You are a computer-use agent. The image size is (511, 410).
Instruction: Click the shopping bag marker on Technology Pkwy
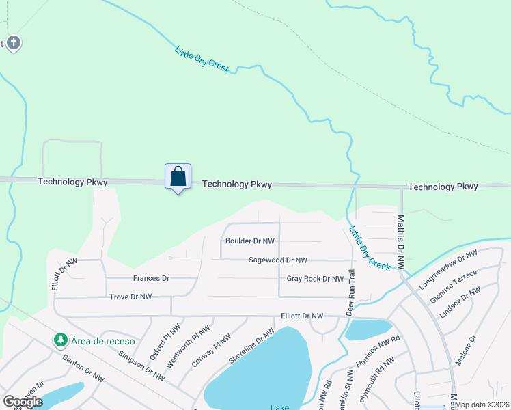pyautogui.click(x=178, y=177)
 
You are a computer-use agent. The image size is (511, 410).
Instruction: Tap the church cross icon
pyautogui.click(x=13, y=44)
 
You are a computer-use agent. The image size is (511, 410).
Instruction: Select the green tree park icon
pyautogui.click(x=61, y=340)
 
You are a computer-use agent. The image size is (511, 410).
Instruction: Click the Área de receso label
pyautogui.click(x=103, y=341)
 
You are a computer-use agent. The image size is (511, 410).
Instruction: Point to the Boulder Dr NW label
pyautogui.click(x=250, y=241)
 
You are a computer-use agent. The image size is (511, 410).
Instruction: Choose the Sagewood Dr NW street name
pyautogui.click(x=278, y=260)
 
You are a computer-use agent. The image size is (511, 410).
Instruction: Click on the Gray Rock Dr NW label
pyautogui.click(x=315, y=279)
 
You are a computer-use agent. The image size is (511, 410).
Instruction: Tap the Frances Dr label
pyautogui.click(x=151, y=279)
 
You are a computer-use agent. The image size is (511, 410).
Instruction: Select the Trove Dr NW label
pyautogui.click(x=130, y=297)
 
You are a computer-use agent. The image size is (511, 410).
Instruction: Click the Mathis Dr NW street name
pyautogui.click(x=401, y=243)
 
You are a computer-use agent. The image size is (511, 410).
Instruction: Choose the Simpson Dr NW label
pyautogui.click(x=141, y=366)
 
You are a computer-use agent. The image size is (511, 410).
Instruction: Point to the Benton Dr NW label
pyautogui.click(x=83, y=368)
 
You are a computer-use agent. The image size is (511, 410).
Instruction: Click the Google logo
pyautogui.click(x=23, y=402)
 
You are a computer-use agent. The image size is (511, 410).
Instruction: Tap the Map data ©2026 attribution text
pyautogui.click(x=482, y=405)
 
